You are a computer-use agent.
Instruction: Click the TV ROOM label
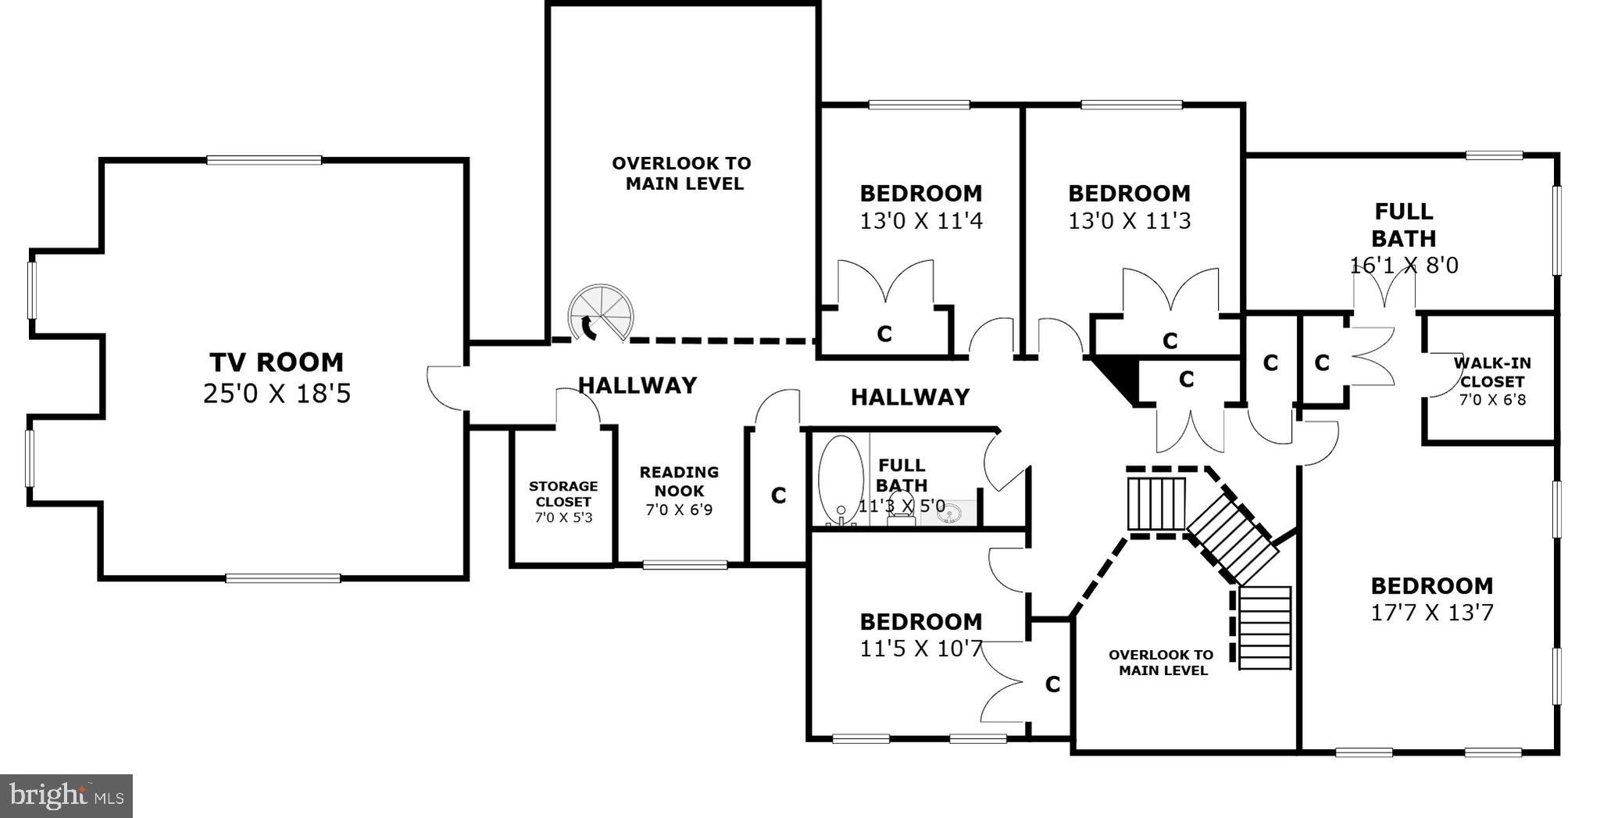click(276, 363)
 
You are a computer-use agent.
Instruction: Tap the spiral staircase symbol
click(600, 313)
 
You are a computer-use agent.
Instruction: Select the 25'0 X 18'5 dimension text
click(277, 393)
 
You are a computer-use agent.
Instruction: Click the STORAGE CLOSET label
click(563, 494)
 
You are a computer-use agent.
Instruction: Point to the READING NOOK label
click(679, 481)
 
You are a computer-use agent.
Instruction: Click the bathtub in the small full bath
click(840, 478)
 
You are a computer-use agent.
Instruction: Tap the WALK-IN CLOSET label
click(1492, 373)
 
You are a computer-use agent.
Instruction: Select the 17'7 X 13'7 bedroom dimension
click(1432, 613)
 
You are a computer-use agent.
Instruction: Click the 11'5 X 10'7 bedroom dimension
click(920, 648)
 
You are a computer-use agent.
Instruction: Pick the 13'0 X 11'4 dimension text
click(921, 221)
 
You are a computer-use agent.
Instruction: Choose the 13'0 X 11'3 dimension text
click(1129, 221)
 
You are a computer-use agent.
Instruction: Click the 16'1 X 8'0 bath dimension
click(1404, 266)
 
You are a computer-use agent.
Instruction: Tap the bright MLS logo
click(66, 796)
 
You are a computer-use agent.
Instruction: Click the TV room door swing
click(445, 386)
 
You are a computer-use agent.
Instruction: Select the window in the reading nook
click(684, 564)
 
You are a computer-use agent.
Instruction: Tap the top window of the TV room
click(264, 160)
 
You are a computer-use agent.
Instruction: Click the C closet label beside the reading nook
click(778, 496)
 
